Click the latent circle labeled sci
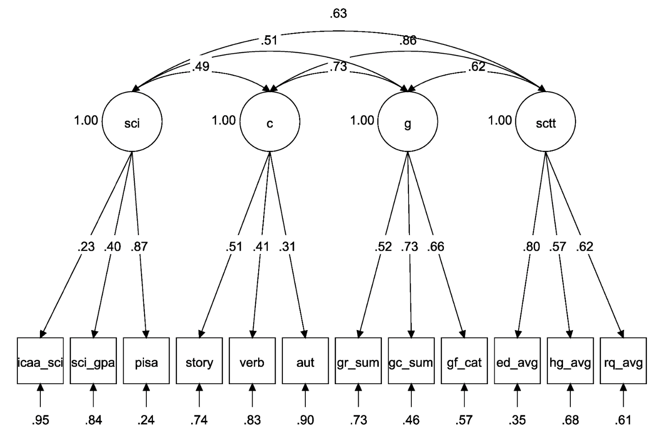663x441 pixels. tap(132, 122)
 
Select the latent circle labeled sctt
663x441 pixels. tap(546, 122)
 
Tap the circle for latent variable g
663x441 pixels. tap(408, 122)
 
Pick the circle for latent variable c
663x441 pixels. tap(270, 122)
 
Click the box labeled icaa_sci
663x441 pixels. tap(40, 361)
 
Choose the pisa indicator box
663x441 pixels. tap(146, 361)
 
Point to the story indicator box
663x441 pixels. tap(199, 361)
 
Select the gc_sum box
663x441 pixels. tap(411, 361)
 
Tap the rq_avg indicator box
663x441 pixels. tap(623, 361)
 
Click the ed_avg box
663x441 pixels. tap(517, 361)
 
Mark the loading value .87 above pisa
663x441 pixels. tap(139, 247)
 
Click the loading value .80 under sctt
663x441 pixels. tap(531, 247)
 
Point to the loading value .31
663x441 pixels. tap(287, 247)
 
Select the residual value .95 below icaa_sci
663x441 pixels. tap(40, 420)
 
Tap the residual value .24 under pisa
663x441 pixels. tap(146, 420)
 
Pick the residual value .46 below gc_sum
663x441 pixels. tap(411, 420)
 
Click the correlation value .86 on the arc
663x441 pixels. tap(408, 40)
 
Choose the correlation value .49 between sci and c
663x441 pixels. tap(200, 66)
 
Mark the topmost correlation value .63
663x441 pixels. tap(338, 14)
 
